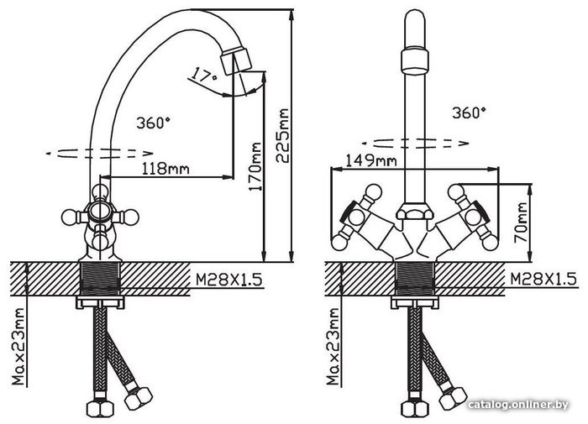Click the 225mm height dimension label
282,136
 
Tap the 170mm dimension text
255,166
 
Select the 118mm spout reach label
165,169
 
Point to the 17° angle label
203,76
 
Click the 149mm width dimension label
370,160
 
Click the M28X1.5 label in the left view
228,280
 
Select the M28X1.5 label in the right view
543,279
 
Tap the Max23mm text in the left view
18,347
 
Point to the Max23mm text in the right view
333,347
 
